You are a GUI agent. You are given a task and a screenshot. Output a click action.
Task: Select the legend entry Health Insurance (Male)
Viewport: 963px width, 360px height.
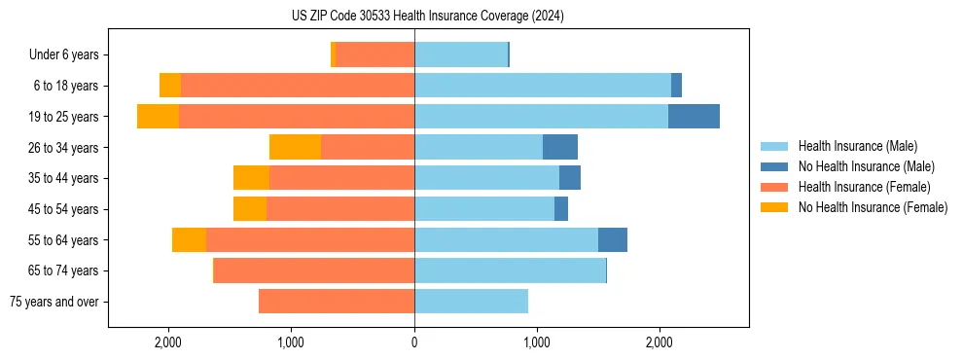pos(856,146)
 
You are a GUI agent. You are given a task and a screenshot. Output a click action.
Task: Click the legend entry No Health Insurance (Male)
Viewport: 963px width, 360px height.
pos(866,166)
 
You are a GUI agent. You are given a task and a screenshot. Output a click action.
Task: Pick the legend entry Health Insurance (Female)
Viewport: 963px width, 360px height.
pos(864,187)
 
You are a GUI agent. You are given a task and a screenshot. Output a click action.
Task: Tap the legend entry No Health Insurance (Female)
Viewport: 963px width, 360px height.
pos(873,207)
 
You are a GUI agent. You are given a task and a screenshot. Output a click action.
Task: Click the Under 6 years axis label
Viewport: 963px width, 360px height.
pos(69,54)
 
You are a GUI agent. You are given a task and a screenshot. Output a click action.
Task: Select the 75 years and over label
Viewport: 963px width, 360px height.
pos(53,302)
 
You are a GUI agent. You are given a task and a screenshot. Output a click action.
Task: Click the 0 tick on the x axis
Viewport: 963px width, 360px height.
pos(414,342)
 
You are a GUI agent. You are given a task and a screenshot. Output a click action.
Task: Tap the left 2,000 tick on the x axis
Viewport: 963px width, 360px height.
pos(168,342)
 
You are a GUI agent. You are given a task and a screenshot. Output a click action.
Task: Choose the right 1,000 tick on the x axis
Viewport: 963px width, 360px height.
pos(537,342)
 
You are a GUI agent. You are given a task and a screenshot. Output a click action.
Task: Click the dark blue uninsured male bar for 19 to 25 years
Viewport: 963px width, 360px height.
pos(694,117)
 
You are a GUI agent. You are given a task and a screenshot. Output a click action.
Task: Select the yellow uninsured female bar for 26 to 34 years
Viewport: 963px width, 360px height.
pos(295,147)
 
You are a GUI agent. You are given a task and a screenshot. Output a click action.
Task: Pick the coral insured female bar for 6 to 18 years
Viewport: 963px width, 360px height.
pos(298,86)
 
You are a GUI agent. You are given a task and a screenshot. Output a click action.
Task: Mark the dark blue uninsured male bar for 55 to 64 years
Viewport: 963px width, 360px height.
pos(613,239)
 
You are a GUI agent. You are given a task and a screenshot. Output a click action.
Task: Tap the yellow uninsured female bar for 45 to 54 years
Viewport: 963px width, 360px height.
pos(250,209)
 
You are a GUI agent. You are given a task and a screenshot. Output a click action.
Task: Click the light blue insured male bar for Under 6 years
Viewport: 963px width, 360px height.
pos(461,54)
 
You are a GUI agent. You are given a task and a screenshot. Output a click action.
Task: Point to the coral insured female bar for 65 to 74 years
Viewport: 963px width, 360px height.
pos(314,270)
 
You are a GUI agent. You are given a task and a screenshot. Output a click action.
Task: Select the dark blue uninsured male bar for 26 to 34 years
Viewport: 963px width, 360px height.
pos(560,147)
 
